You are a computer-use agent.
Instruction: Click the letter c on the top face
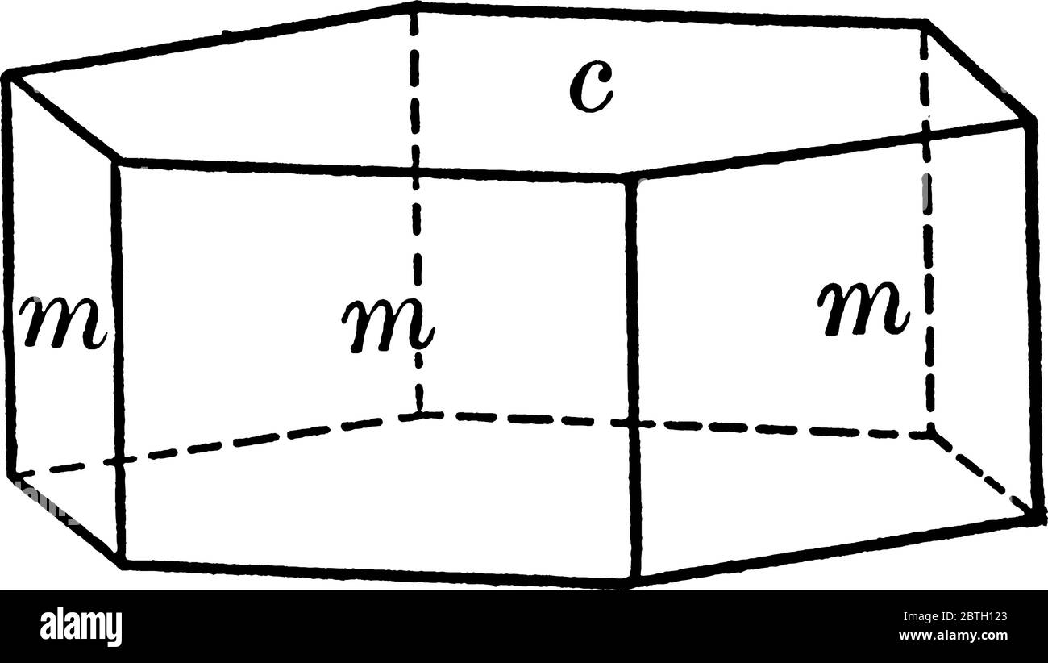591,88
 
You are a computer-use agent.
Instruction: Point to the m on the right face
863,309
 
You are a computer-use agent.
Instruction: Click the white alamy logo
81,628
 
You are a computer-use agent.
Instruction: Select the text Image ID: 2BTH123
955,616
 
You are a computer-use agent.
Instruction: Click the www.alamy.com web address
953,636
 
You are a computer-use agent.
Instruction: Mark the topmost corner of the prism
414,6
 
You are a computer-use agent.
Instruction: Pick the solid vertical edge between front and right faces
633,380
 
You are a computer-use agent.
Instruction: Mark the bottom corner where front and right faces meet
634,583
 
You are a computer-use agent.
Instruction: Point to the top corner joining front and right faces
630,177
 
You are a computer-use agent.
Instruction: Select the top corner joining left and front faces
117,162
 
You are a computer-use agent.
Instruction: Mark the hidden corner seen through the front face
419,415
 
